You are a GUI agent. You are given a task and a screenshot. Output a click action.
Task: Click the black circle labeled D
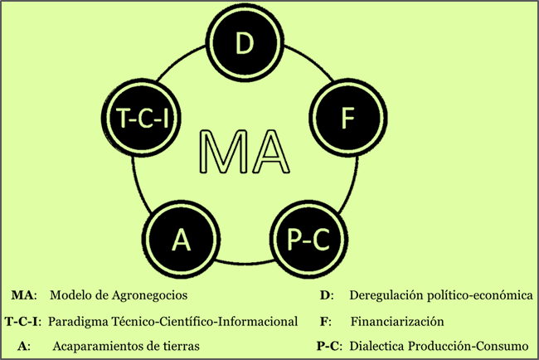point(245,42)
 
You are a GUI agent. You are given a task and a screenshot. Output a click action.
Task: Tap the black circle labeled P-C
point(308,239)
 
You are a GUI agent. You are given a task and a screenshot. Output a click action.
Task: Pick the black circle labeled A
point(182,239)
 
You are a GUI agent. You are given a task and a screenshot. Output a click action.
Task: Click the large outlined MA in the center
point(245,150)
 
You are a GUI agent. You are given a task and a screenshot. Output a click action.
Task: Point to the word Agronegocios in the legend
point(153,294)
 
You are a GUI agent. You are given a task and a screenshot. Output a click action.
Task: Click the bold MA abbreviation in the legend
point(23,294)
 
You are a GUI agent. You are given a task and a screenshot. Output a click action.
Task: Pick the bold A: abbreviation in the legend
point(23,345)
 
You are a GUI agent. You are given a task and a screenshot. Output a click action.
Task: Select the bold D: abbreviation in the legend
point(326,294)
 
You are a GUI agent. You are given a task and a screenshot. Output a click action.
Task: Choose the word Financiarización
point(397,320)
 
